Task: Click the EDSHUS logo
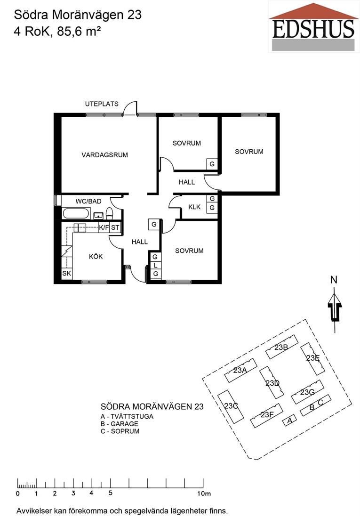[x=314, y=26]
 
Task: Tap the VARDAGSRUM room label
[x=104, y=155]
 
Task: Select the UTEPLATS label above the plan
[x=102, y=104]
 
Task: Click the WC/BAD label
[x=88, y=201]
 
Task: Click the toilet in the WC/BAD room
[x=110, y=213]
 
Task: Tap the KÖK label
[x=96, y=256]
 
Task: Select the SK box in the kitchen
[x=67, y=274]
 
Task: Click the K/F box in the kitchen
[x=104, y=227]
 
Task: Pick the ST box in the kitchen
[x=115, y=227]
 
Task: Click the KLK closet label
[x=194, y=207]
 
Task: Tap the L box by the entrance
[x=155, y=265]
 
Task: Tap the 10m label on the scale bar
[x=204, y=494]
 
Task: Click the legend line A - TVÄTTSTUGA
[x=127, y=417]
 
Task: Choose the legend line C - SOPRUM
[x=120, y=431]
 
